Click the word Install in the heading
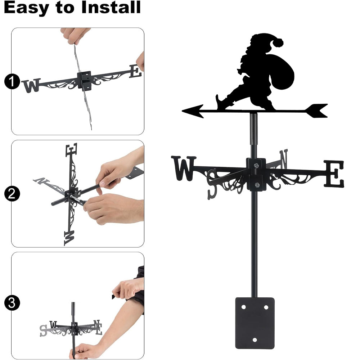111,7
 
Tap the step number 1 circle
12,81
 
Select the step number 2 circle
12,194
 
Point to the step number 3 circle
12,303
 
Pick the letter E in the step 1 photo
135,71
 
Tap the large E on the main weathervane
334,174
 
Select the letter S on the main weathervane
212,184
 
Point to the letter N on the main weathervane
284,159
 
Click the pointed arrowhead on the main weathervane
193,111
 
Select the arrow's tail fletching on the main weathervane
316,111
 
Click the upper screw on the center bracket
256,165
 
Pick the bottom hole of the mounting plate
255,340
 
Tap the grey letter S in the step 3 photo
43,330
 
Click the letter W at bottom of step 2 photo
69,238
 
